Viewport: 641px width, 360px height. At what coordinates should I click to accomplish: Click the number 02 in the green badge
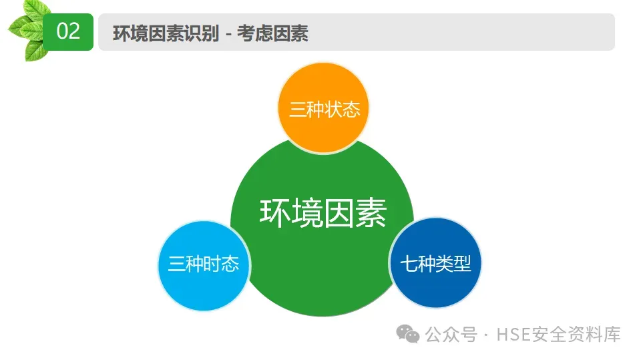point(68,31)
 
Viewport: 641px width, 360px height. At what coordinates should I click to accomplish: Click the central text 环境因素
point(323,213)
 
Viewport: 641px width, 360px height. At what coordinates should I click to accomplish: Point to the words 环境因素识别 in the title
point(166,33)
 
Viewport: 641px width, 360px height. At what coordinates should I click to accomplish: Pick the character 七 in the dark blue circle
point(409,264)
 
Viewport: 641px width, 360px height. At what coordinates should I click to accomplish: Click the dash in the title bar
point(228,34)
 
